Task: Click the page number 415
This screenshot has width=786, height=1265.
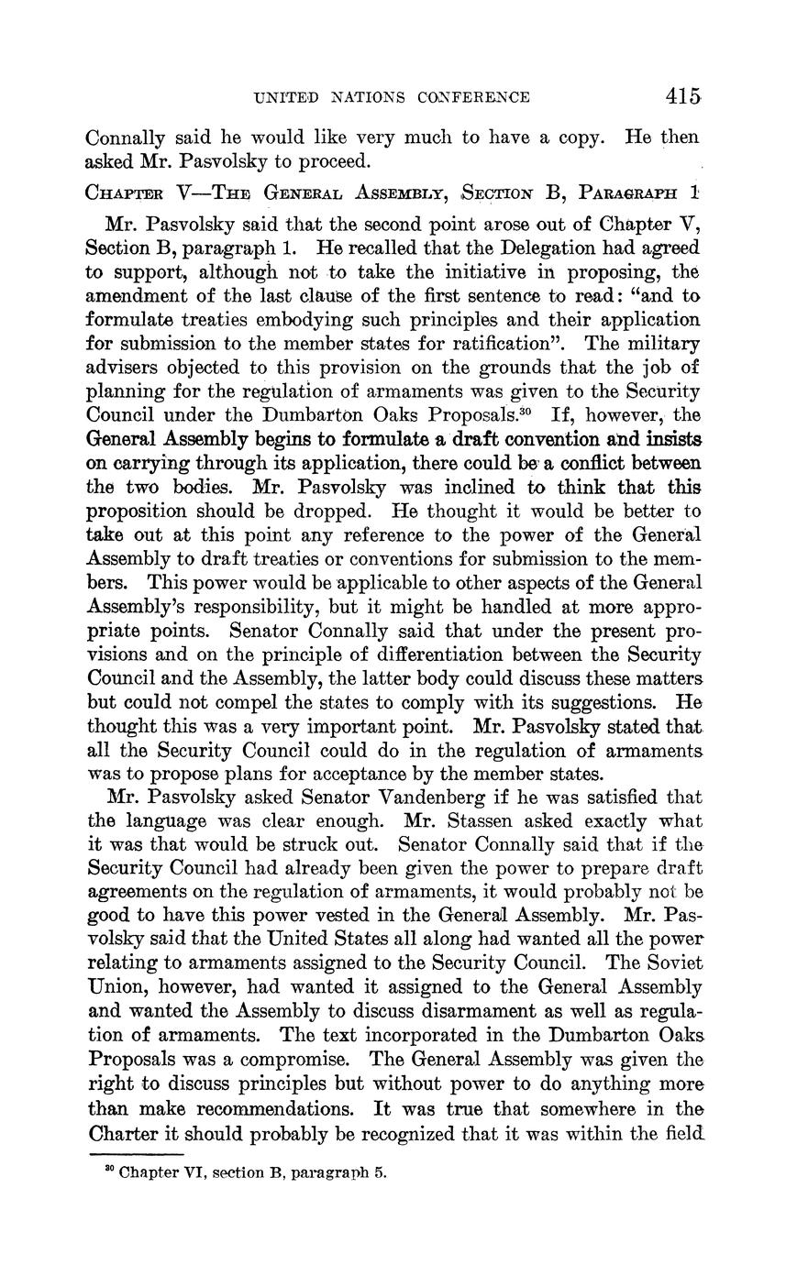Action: pos(684,95)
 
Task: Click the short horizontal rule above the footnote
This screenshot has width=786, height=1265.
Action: pos(138,1153)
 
